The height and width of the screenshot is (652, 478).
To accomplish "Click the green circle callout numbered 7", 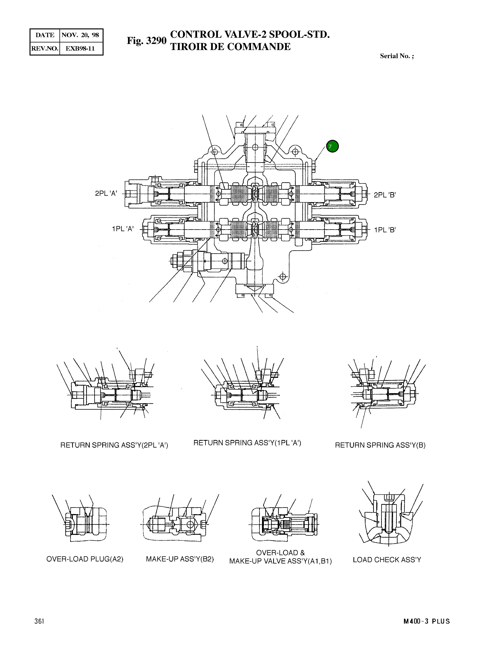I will click(332, 146).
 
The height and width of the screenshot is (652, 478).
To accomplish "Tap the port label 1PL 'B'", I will click(384, 230).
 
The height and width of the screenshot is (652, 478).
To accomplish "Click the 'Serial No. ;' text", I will click(397, 56).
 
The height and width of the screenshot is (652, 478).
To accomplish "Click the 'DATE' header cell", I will click(45, 35).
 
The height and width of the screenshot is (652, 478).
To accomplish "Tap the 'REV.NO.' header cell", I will click(45, 48).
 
